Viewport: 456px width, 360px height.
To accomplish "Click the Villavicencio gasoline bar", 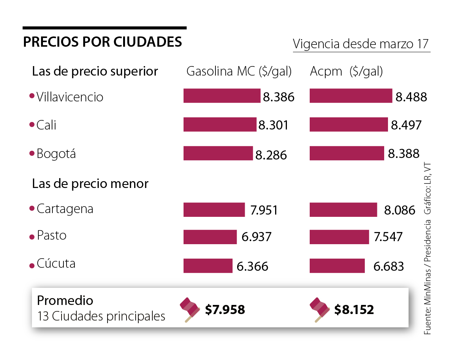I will (x=222, y=96).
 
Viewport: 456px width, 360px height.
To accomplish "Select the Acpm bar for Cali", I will (x=348, y=125).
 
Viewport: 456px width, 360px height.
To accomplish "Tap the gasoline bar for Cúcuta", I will (x=208, y=266).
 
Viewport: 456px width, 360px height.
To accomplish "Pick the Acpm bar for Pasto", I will (x=339, y=237).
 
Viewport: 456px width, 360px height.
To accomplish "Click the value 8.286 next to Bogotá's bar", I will (x=271, y=155).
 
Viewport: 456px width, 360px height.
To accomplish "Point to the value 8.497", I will (x=406, y=125).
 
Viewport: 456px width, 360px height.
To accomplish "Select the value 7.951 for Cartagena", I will (x=264, y=210).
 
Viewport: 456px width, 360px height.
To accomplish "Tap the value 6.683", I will (x=388, y=266).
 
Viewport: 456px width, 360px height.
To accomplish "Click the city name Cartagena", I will (x=65, y=209).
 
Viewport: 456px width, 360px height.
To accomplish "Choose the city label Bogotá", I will (x=56, y=154).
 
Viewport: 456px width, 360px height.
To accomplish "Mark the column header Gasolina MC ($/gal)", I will (x=239, y=71).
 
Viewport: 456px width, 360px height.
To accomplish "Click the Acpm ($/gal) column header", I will (x=346, y=71).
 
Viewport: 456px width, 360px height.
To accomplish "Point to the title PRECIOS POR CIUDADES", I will (x=102, y=42).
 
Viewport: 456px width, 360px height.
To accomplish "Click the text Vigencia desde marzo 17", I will (x=361, y=44).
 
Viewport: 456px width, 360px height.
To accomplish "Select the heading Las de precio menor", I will (x=90, y=184).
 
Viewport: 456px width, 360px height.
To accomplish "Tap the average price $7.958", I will (x=225, y=309).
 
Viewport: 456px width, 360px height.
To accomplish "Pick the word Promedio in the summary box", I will (x=65, y=300).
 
